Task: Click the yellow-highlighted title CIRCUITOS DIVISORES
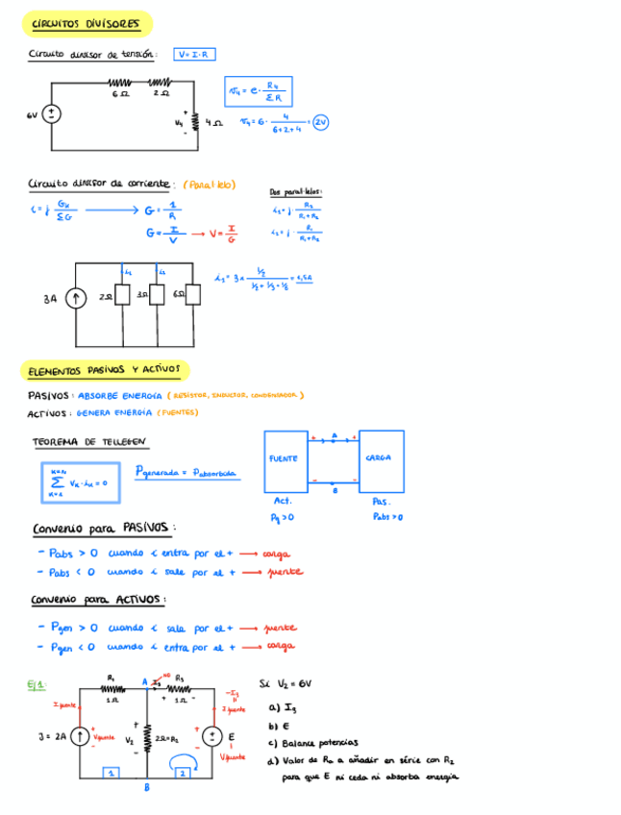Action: [x=86, y=23]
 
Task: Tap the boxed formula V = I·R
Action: [x=195, y=55]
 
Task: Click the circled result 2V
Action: [x=320, y=122]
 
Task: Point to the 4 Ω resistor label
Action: [x=214, y=124]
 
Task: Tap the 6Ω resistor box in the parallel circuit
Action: [x=193, y=295]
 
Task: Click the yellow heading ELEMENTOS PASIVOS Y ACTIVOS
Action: [x=105, y=370]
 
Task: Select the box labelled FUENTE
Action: [x=286, y=461]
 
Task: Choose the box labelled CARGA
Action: [x=381, y=461]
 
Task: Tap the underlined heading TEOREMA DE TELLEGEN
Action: [x=89, y=442]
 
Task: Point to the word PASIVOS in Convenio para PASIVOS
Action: [x=147, y=528]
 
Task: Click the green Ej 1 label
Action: [x=36, y=685]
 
